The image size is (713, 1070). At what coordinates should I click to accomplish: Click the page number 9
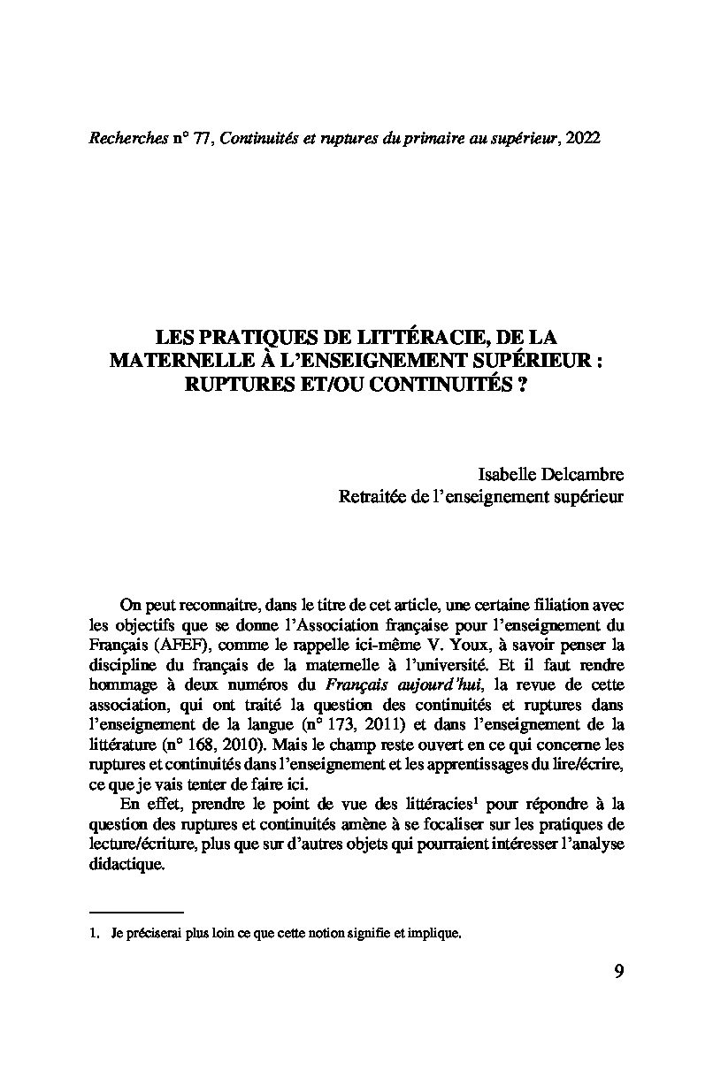(x=618, y=972)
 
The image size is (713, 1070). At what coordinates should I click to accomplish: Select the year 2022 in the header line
(x=582, y=140)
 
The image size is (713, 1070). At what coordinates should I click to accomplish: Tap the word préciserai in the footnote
(x=153, y=932)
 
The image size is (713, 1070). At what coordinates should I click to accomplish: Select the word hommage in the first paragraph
(x=124, y=684)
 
